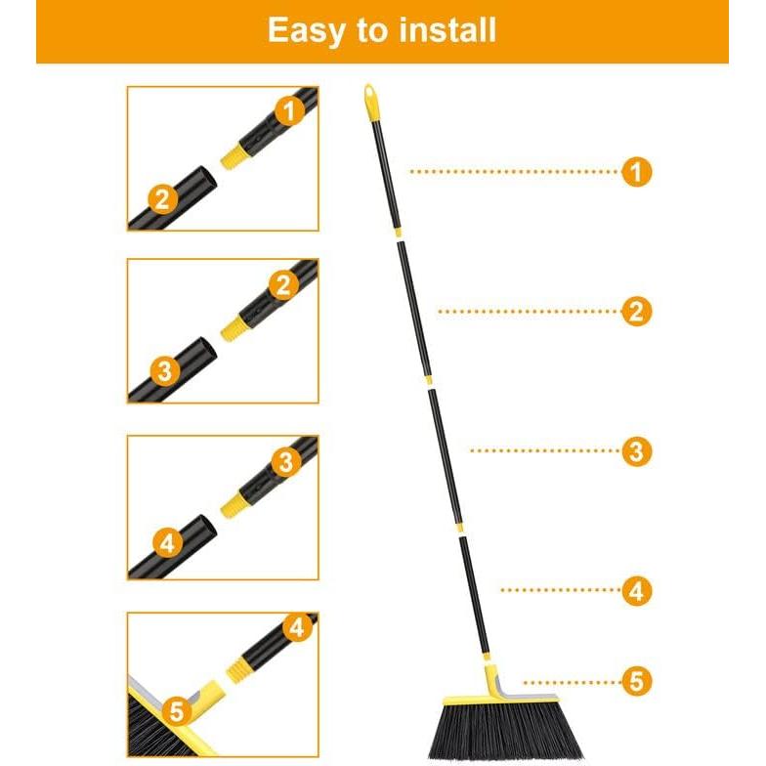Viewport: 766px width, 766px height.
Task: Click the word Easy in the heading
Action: pyautogui.click(x=307, y=31)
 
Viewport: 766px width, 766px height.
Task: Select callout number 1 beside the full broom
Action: pyautogui.click(x=636, y=173)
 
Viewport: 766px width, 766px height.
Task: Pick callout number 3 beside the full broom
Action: pyautogui.click(x=636, y=451)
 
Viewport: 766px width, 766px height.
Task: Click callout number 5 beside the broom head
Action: pyautogui.click(x=636, y=681)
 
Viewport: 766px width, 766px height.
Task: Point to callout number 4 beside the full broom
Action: pyautogui.click(x=636, y=590)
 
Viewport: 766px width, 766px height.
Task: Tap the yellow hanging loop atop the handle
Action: pyautogui.click(x=371, y=99)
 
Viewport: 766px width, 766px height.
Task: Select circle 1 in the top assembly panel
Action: pyautogui.click(x=288, y=111)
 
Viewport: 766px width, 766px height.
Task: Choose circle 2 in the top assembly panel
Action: pyautogui.click(x=162, y=199)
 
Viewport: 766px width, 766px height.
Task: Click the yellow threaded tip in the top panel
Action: pyautogui.click(x=232, y=155)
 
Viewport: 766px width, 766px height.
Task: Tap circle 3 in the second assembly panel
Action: pyautogui.click(x=165, y=370)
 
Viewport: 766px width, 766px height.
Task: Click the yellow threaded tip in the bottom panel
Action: pyautogui.click(x=238, y=668)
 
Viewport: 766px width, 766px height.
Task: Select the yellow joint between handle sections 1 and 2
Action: pyautogui.click(x=398, y=233)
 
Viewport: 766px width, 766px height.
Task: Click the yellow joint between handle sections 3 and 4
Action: pyautogui.click(x=458, y=528)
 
